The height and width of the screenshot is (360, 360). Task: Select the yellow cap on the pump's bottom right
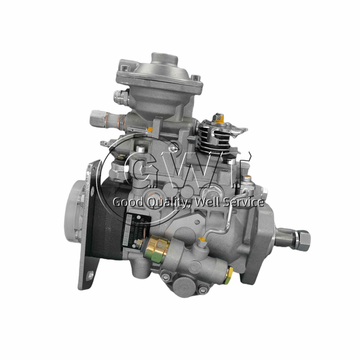pyautogui.click(x=229, y=273)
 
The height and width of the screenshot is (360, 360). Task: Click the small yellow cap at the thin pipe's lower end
pyautogui.click(x=202, y=238)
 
